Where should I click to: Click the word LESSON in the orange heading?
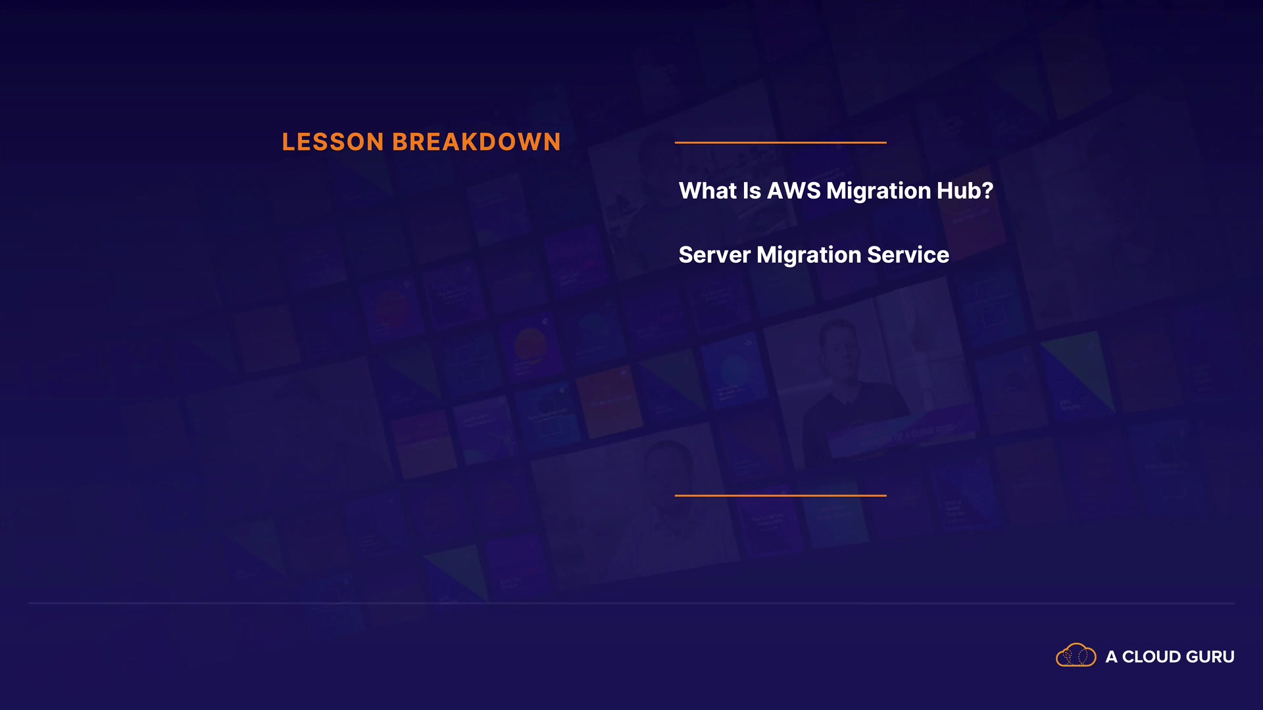click(333, 142)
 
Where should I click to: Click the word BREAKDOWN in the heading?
click(476, 142)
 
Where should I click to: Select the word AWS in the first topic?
click(794, 191)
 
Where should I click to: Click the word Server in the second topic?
click(714, 255)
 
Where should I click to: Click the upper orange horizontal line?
click(781, 142)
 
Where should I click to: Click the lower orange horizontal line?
click(781, 496)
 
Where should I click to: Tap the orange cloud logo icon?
click(1076, 655)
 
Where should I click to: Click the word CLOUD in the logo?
click(1152, 657)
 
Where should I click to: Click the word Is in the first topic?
click(752, 191)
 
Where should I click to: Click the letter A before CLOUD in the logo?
click(1111, 657)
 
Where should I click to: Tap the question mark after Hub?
click(987, 191)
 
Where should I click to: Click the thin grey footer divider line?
click(631, 603)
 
